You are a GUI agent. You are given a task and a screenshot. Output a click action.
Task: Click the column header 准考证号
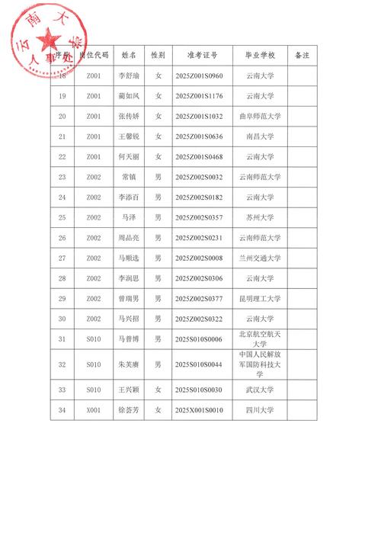202,56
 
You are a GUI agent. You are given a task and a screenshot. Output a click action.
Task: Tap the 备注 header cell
302,56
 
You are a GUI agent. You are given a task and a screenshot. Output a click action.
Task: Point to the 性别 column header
158,56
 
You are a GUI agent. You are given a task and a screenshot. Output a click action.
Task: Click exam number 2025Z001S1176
199,96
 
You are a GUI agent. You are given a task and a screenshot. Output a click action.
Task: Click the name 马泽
129,217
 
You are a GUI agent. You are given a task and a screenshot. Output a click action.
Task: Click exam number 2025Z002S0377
199,298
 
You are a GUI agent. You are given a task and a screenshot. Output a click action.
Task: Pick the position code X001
93,410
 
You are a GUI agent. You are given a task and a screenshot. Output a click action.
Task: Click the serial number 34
62,410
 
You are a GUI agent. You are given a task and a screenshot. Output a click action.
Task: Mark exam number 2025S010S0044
199,364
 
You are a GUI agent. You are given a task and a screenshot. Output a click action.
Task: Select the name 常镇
129,177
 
